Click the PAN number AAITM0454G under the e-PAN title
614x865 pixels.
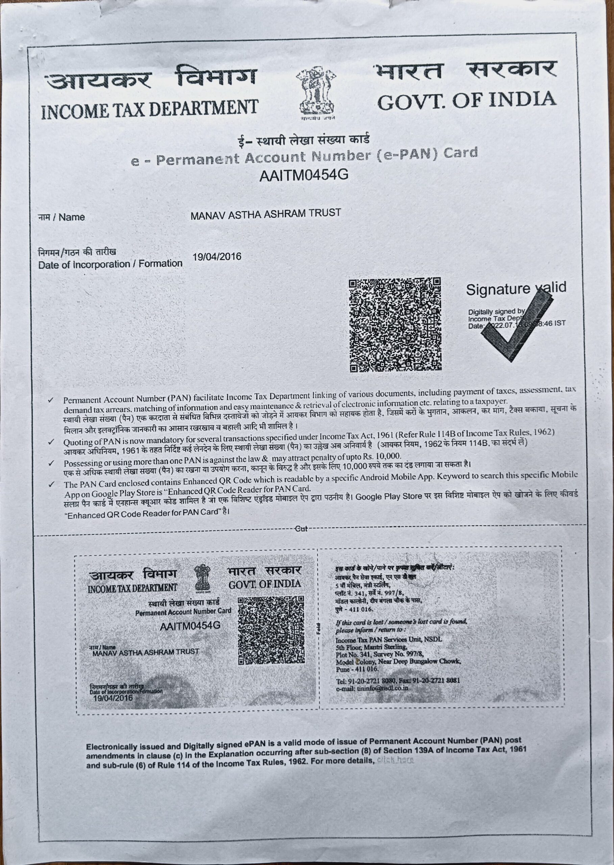click(x=303, y=175)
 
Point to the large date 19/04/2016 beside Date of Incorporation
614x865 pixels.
click(x=217, y=257)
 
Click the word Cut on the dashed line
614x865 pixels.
click(x=301, y=529)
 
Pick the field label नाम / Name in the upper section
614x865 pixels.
click(x=61, y=217)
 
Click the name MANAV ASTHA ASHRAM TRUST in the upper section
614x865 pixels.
click(x=265, y=214)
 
